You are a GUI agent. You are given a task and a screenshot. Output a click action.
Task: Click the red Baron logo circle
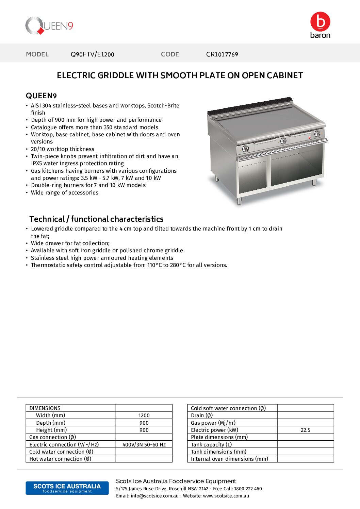(x=320, y=21)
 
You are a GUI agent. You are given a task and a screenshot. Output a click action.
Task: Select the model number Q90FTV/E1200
(x=92, y=54)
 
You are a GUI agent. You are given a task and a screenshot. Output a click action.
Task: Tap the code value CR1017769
(x=222, y=54)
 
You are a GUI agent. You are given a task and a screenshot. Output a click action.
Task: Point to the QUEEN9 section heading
(x=41, y=96)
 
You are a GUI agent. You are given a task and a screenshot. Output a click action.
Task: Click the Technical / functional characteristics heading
(x=96, y=219)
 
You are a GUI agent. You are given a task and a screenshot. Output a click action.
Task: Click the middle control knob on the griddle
(x=283, y=141)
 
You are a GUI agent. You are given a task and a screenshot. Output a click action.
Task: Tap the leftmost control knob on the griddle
(x=245, y=149)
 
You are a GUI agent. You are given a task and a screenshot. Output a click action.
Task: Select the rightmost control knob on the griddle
(x=317, y=134)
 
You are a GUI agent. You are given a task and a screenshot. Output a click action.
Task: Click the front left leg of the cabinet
(x=239, y=201)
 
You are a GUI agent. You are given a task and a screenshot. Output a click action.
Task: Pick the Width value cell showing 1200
(x=144, y=415)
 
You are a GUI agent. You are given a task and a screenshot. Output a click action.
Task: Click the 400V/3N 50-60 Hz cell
(x=144, y=444)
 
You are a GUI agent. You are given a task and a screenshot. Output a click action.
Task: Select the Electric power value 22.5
(x=305, y=430)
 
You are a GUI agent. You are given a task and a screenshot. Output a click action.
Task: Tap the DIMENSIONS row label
(x=45, y=408)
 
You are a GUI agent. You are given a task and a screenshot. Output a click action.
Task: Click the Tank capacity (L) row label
(x=211, y=444)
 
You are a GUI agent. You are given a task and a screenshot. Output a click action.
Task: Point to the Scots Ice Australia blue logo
(x=67, y=488)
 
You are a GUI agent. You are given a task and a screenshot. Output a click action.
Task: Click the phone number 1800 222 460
(x=248, y=489)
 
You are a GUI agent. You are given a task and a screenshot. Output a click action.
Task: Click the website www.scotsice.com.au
(x=226, y=496)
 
